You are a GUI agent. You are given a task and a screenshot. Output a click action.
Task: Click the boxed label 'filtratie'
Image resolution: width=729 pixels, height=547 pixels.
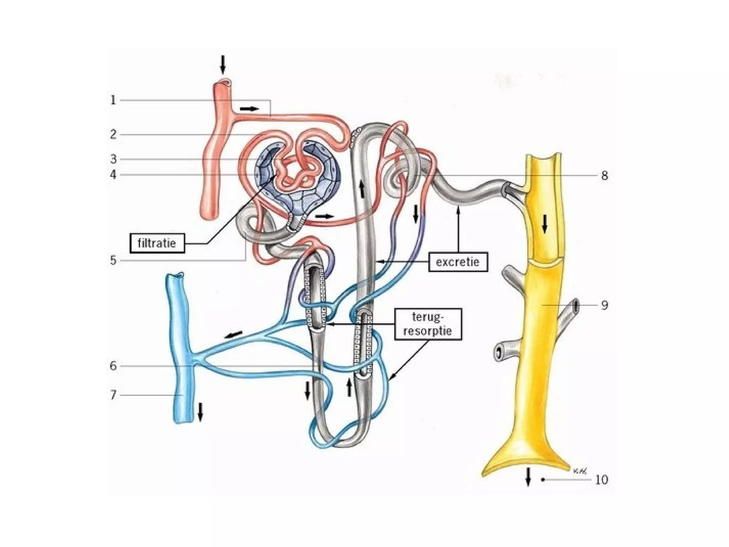coord(157,243)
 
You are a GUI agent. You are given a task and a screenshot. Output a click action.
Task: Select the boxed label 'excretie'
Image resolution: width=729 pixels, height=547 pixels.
coord(458,262)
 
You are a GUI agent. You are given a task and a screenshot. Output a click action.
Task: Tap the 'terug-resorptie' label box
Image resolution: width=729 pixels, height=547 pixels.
coord(428,324)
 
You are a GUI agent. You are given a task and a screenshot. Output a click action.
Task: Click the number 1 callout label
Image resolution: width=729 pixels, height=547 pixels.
coord(113,100)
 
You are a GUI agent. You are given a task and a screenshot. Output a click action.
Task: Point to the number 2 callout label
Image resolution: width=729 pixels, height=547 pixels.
coord(113,134)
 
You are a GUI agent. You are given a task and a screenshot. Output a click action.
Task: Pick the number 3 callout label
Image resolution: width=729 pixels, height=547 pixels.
coord(113,159)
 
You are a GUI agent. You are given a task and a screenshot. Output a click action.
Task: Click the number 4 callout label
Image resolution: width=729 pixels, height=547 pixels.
coord(113,174)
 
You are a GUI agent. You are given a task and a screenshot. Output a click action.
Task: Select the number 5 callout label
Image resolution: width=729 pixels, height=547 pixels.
coord(113,260)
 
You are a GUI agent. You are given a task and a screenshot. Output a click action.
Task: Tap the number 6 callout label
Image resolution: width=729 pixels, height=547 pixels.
coord(113,366)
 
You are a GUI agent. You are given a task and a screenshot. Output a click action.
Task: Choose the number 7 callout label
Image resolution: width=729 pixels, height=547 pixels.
coord(113,395)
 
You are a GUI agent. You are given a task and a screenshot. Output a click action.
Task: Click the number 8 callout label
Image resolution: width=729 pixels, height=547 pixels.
coord(604,176)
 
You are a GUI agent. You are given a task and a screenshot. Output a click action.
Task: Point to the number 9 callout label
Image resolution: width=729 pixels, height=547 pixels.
coord(604,305)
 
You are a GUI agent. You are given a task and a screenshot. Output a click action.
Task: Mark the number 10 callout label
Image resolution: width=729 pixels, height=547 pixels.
coord(602,480)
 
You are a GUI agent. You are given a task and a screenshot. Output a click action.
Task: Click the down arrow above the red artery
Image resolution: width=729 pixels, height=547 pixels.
coord(223,64)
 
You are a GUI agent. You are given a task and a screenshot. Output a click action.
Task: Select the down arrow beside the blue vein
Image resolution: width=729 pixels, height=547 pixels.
coord(200,412)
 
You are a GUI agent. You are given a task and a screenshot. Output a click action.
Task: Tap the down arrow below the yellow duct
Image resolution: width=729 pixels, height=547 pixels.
coord(528,476)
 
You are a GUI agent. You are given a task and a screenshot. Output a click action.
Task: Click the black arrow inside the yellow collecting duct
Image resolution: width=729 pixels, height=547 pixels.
coord(545,224)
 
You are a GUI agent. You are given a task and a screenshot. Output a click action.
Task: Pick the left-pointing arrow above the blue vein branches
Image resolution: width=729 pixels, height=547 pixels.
coord(233,335)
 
